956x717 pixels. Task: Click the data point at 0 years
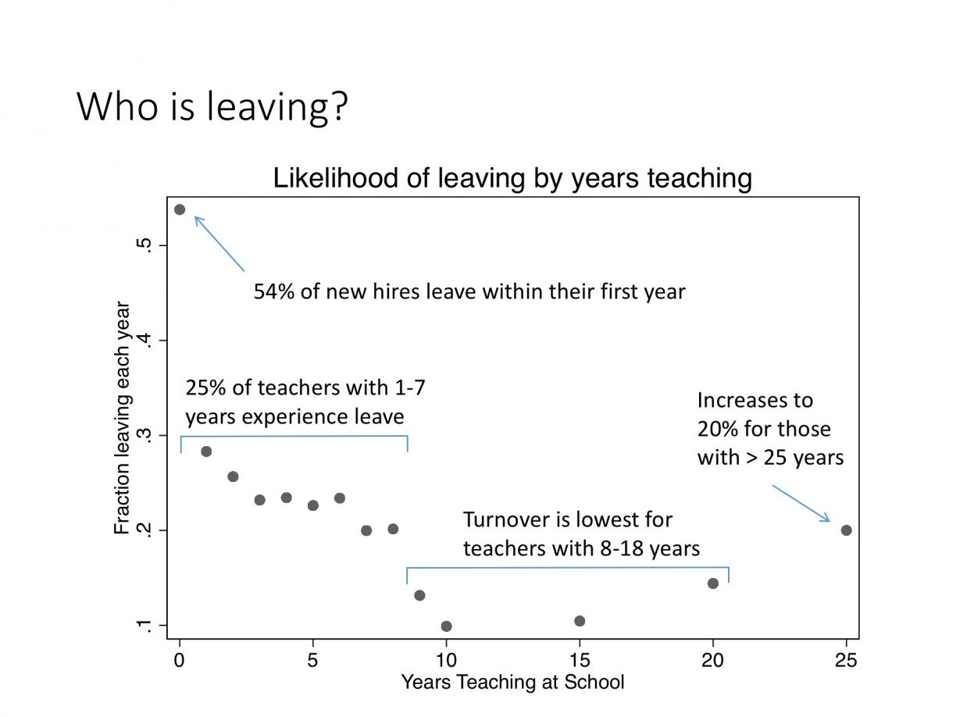coord(180,210)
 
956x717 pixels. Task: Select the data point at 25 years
coord(846,530)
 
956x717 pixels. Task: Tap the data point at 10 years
coord(447,626)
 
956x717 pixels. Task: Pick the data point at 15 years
coord(580,621)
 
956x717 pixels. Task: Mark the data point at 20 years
coord(713,583)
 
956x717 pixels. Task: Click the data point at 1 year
coord(206,451)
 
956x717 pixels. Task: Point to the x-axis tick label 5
coord(312,661)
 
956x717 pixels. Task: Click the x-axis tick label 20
coord(712,661)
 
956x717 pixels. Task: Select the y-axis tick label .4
coord(145,340)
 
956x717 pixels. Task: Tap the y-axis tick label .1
coord(145,626)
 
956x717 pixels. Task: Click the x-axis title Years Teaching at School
coord(512,682)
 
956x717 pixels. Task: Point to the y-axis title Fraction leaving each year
coord(122,418)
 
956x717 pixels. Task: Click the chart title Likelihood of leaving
coord(512,178)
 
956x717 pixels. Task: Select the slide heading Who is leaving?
coord(212,107)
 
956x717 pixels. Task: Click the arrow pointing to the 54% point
coord(219,244)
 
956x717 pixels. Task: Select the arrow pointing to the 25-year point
coord(801,503)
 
